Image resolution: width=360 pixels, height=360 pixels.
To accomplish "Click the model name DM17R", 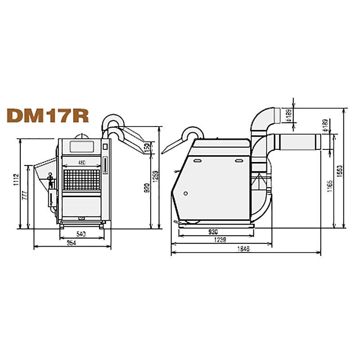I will (47, 115).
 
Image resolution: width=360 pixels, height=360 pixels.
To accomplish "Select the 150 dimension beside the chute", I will (146, 147).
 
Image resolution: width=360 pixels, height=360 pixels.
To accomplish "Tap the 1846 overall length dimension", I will (245, 249).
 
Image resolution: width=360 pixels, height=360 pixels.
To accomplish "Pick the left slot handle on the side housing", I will (197, 160).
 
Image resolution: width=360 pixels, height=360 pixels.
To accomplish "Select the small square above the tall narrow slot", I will (105, 147).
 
